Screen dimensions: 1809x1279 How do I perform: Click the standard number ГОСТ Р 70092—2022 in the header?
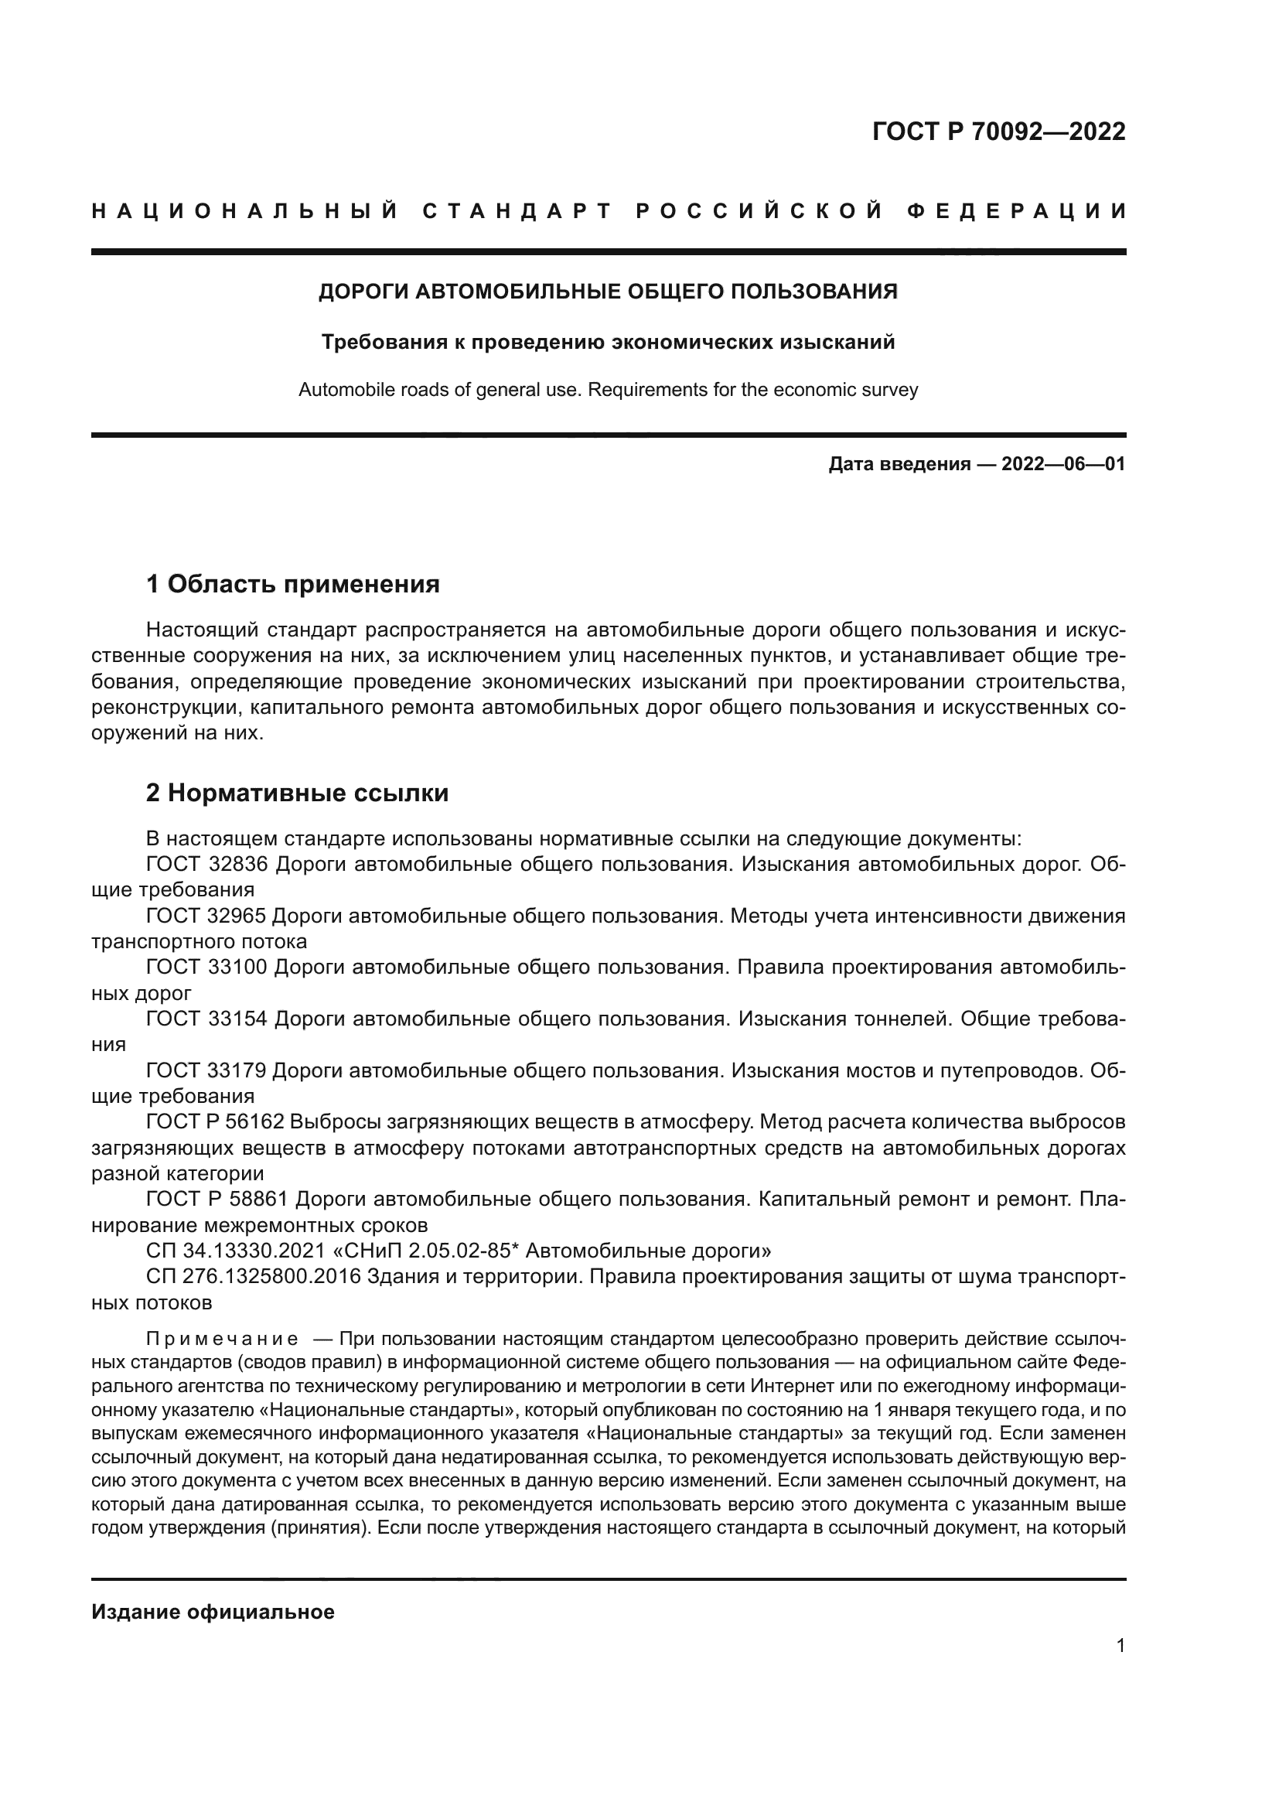[998, 131]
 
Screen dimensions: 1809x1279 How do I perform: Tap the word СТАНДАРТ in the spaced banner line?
[517, 211]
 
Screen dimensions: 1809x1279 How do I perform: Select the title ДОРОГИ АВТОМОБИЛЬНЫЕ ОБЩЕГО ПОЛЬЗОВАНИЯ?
[608, 292]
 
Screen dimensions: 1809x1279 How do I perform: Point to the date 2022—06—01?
[1062, 464]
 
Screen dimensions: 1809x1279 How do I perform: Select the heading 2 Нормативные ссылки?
[297, 792]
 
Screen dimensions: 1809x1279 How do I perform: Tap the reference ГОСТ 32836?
[207, 865]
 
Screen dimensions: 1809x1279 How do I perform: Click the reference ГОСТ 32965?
[207, 916]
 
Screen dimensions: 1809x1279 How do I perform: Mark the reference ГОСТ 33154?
[207, 1019]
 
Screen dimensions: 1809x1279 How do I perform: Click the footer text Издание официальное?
[213, 1612]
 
